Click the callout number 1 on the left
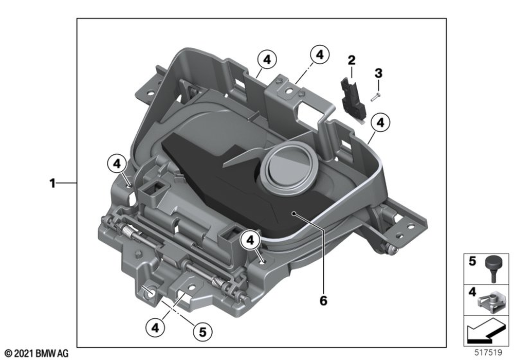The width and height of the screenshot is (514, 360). [52, 183]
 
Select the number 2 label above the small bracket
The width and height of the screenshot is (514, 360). [352, 60]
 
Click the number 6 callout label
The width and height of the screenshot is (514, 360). [323, 300]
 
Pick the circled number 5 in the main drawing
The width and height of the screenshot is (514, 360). [203, 332]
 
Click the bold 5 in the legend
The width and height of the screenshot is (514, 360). [472, 262]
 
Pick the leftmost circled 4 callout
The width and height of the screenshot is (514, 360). [117, 164]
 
